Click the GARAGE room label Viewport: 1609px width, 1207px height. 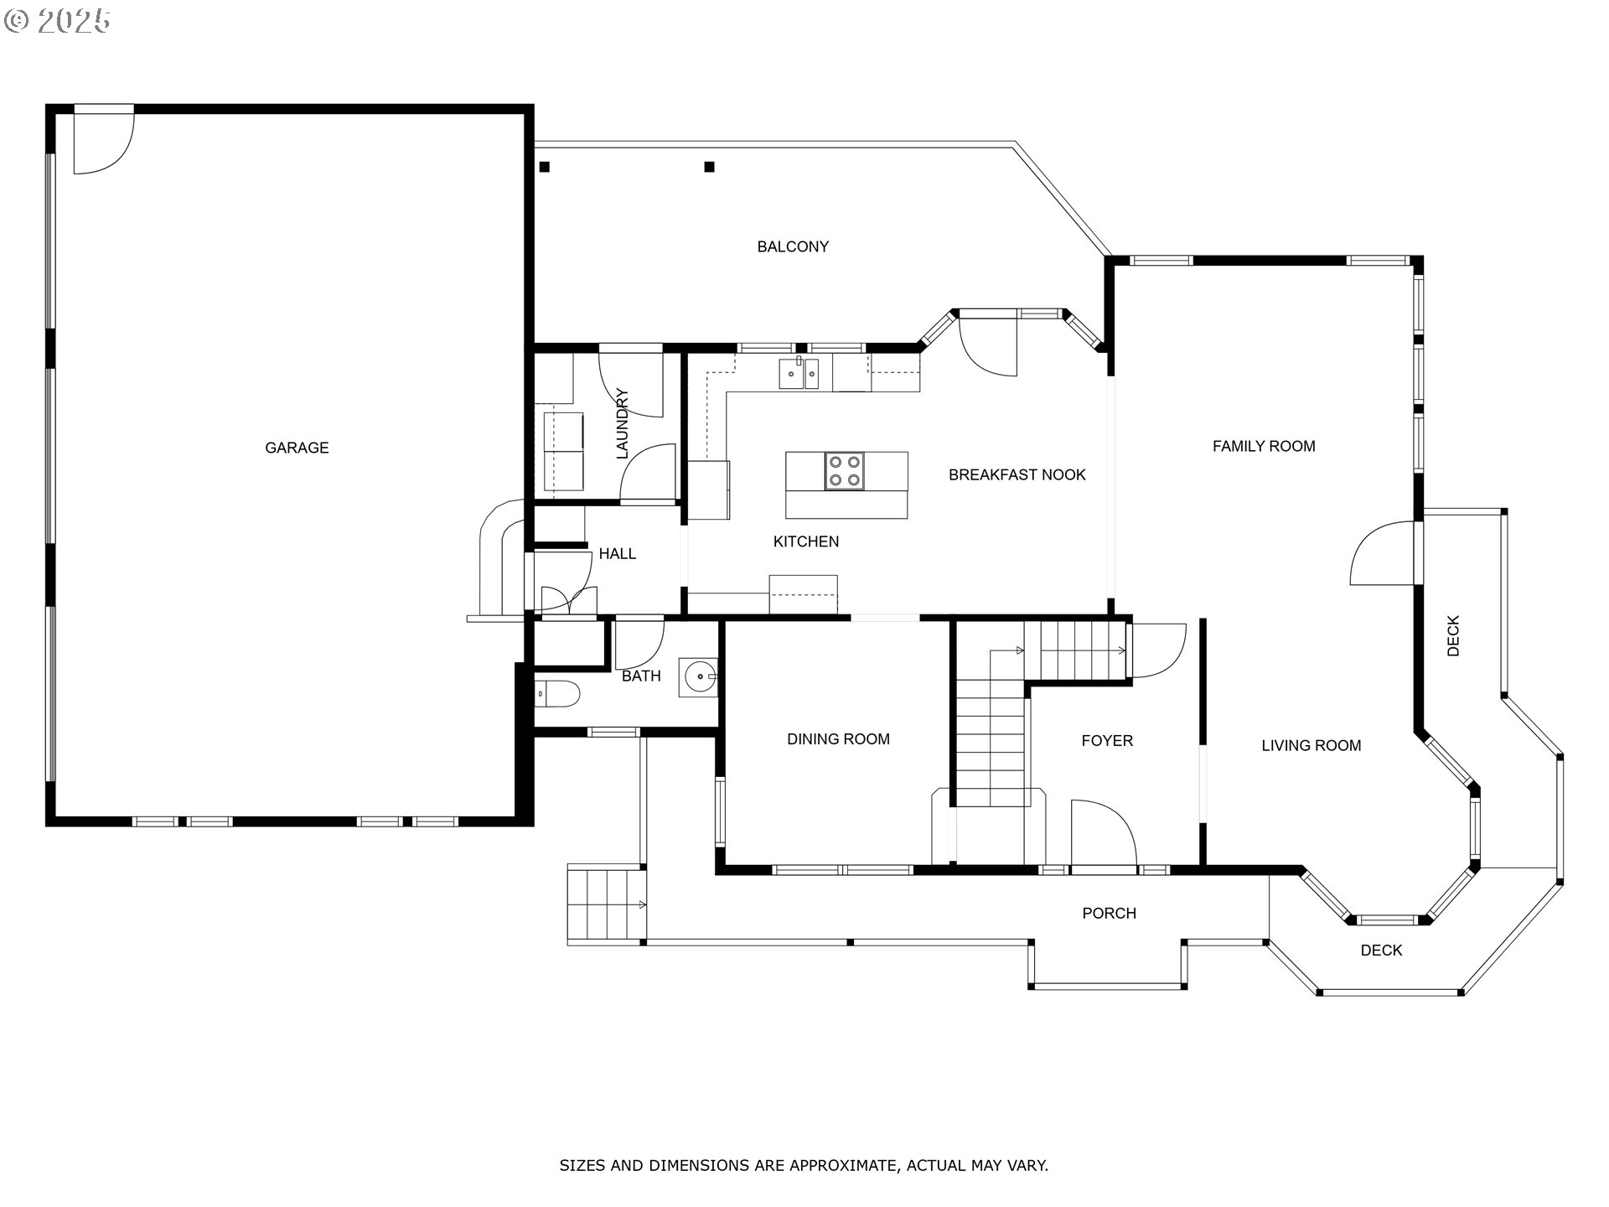(297, 448)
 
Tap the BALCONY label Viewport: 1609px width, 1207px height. (793, 246)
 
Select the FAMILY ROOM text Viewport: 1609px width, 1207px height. (1264, 446)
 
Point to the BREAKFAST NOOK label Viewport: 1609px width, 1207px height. (1017, 474)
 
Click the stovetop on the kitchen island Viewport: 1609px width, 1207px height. (844, 470)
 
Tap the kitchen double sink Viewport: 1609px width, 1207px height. (799, 373)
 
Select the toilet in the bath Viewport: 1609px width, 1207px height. (556, 694)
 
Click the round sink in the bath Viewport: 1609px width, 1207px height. (699, 676)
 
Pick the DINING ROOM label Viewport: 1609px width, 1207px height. (838, 738)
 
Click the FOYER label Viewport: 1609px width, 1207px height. (1107, 740)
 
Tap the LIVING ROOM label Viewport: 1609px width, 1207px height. (1312, 745)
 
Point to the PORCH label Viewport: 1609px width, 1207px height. (1109, 913)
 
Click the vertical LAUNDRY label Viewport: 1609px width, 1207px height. (622, 423)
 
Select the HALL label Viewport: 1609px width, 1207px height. (618, 553)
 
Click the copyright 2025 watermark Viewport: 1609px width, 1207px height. (57, 21)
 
